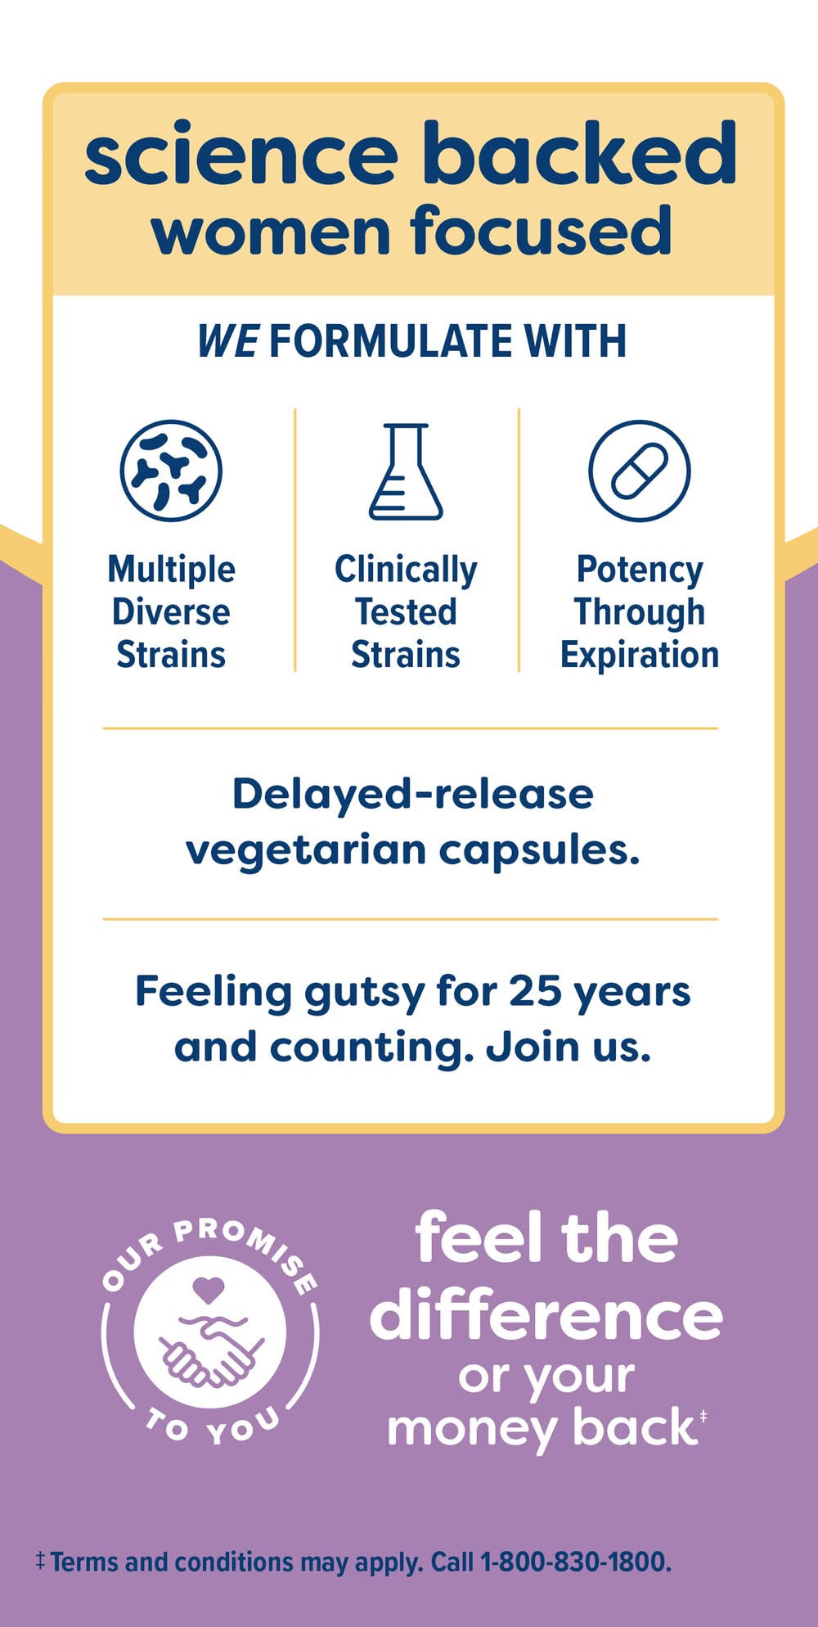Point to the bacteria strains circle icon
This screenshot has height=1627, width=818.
[x=171, y=471]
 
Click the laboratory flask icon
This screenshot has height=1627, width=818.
[x=406, y=471]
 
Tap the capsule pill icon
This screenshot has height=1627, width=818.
[x=640, y=471]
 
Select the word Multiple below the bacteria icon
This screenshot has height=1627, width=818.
[x=172, y=569]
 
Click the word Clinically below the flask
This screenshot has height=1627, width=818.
[x=406, y=570]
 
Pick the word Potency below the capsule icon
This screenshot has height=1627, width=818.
[x=640, y=570]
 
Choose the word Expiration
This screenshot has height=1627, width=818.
[x=640, y=656]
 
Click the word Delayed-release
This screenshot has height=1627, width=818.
[x=413, y=794]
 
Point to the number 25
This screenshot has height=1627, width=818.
[x=535, y=991]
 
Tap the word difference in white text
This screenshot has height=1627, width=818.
[x=546, y=1315]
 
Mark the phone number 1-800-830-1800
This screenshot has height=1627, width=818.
[x=574, y=1562]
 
